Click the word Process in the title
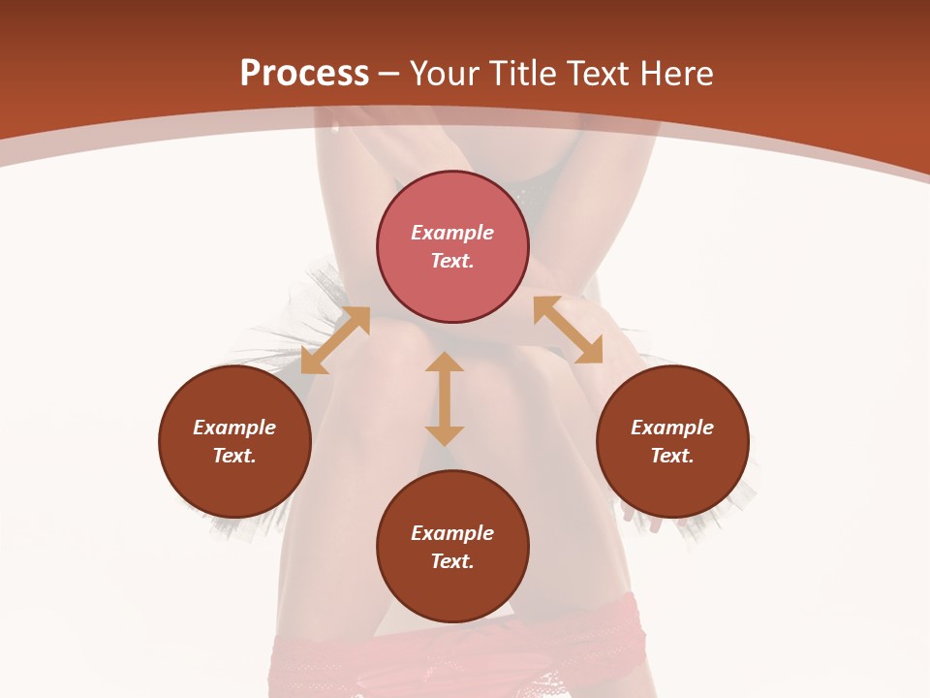click(x=304, y=74)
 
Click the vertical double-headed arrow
click(x=445, y=398)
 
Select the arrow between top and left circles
click(x=335, y=340)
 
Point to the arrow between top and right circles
click(x=568, y=330)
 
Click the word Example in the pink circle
click(x=452, y=233)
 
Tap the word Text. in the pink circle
click(x=452, y=261)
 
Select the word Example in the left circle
click(x=234, y=428)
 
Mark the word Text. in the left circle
click(x=234, y=456)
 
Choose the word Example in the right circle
click(x=672, y=428)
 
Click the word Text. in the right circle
click(x=672, y=456)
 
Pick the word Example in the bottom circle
click(x=452, y=533)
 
